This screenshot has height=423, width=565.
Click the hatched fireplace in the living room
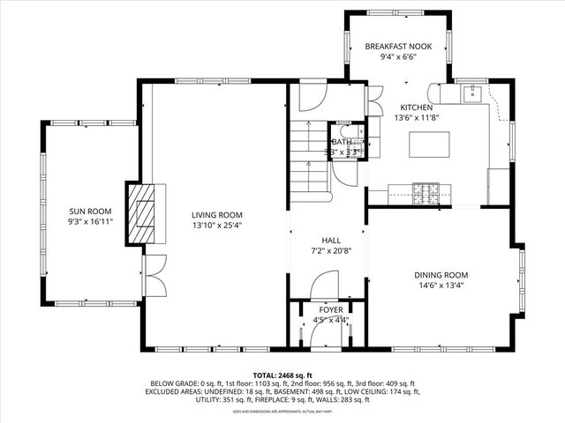(139, 215)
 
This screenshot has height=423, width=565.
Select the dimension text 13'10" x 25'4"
(217, 225)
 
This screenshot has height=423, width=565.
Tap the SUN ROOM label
(91, 211)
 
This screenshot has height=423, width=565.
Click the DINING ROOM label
(441, 275)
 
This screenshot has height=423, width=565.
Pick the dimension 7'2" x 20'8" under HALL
(331, 251)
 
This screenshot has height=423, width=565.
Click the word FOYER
(331, 310)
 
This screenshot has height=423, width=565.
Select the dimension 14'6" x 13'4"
(441, 286)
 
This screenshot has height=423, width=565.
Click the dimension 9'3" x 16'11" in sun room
(91, 222)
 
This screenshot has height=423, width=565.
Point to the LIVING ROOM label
(217, 214)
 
